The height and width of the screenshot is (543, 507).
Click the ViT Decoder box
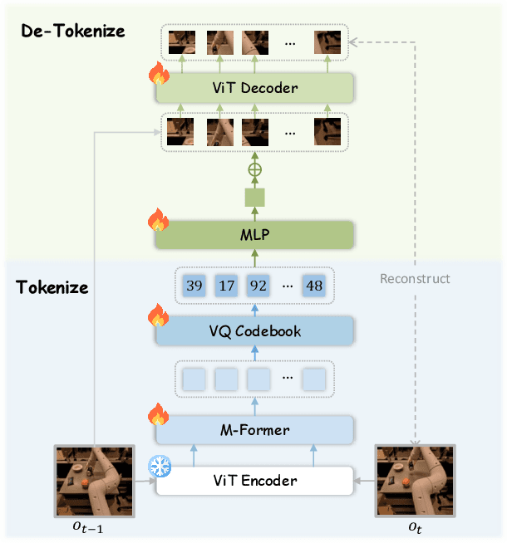click(254, 88)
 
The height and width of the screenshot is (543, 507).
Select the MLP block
click(254, 235)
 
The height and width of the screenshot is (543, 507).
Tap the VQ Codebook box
click(254, 331)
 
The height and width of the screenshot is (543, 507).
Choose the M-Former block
click(254, 429)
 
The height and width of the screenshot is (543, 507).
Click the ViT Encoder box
click(254, 481)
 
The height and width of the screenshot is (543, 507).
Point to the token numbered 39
click(194, 286)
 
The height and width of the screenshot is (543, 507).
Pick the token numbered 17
click(226, 286)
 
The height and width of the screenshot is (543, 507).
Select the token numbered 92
click(258, 286)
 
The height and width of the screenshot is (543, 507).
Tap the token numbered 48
click(313, 286)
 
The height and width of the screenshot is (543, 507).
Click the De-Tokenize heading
click(72, 32)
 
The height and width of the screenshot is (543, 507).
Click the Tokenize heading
click(52, 289)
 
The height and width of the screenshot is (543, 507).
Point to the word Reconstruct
click(415, 278)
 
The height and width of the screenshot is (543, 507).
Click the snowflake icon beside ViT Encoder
click(159, 467)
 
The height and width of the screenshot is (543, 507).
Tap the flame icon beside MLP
click(158, 222)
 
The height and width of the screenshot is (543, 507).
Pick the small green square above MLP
click(254, 198)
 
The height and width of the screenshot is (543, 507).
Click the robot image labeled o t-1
click(94, 482)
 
